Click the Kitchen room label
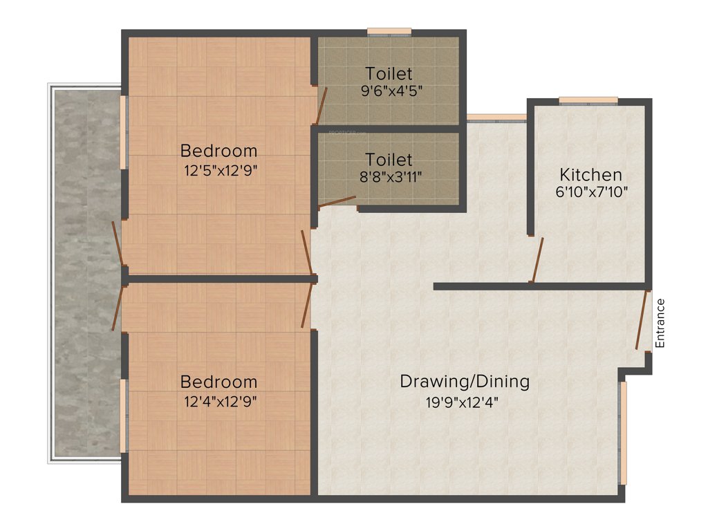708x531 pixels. (590, 175)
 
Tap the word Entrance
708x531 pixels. (660, 323)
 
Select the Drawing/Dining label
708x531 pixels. (465, 381)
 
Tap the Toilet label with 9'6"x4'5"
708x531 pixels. (389, 73)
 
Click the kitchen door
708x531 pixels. (537, 260)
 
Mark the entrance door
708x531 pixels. (643, 320)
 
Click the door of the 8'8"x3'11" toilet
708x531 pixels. (337, 201)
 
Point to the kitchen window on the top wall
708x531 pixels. (588, 100)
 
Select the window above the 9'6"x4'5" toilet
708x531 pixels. (389, 31)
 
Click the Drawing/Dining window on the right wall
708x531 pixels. (623, 433)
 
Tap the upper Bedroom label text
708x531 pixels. (218, 150)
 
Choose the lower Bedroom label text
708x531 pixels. (218, 382)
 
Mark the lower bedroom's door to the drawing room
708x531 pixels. (306, 305)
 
